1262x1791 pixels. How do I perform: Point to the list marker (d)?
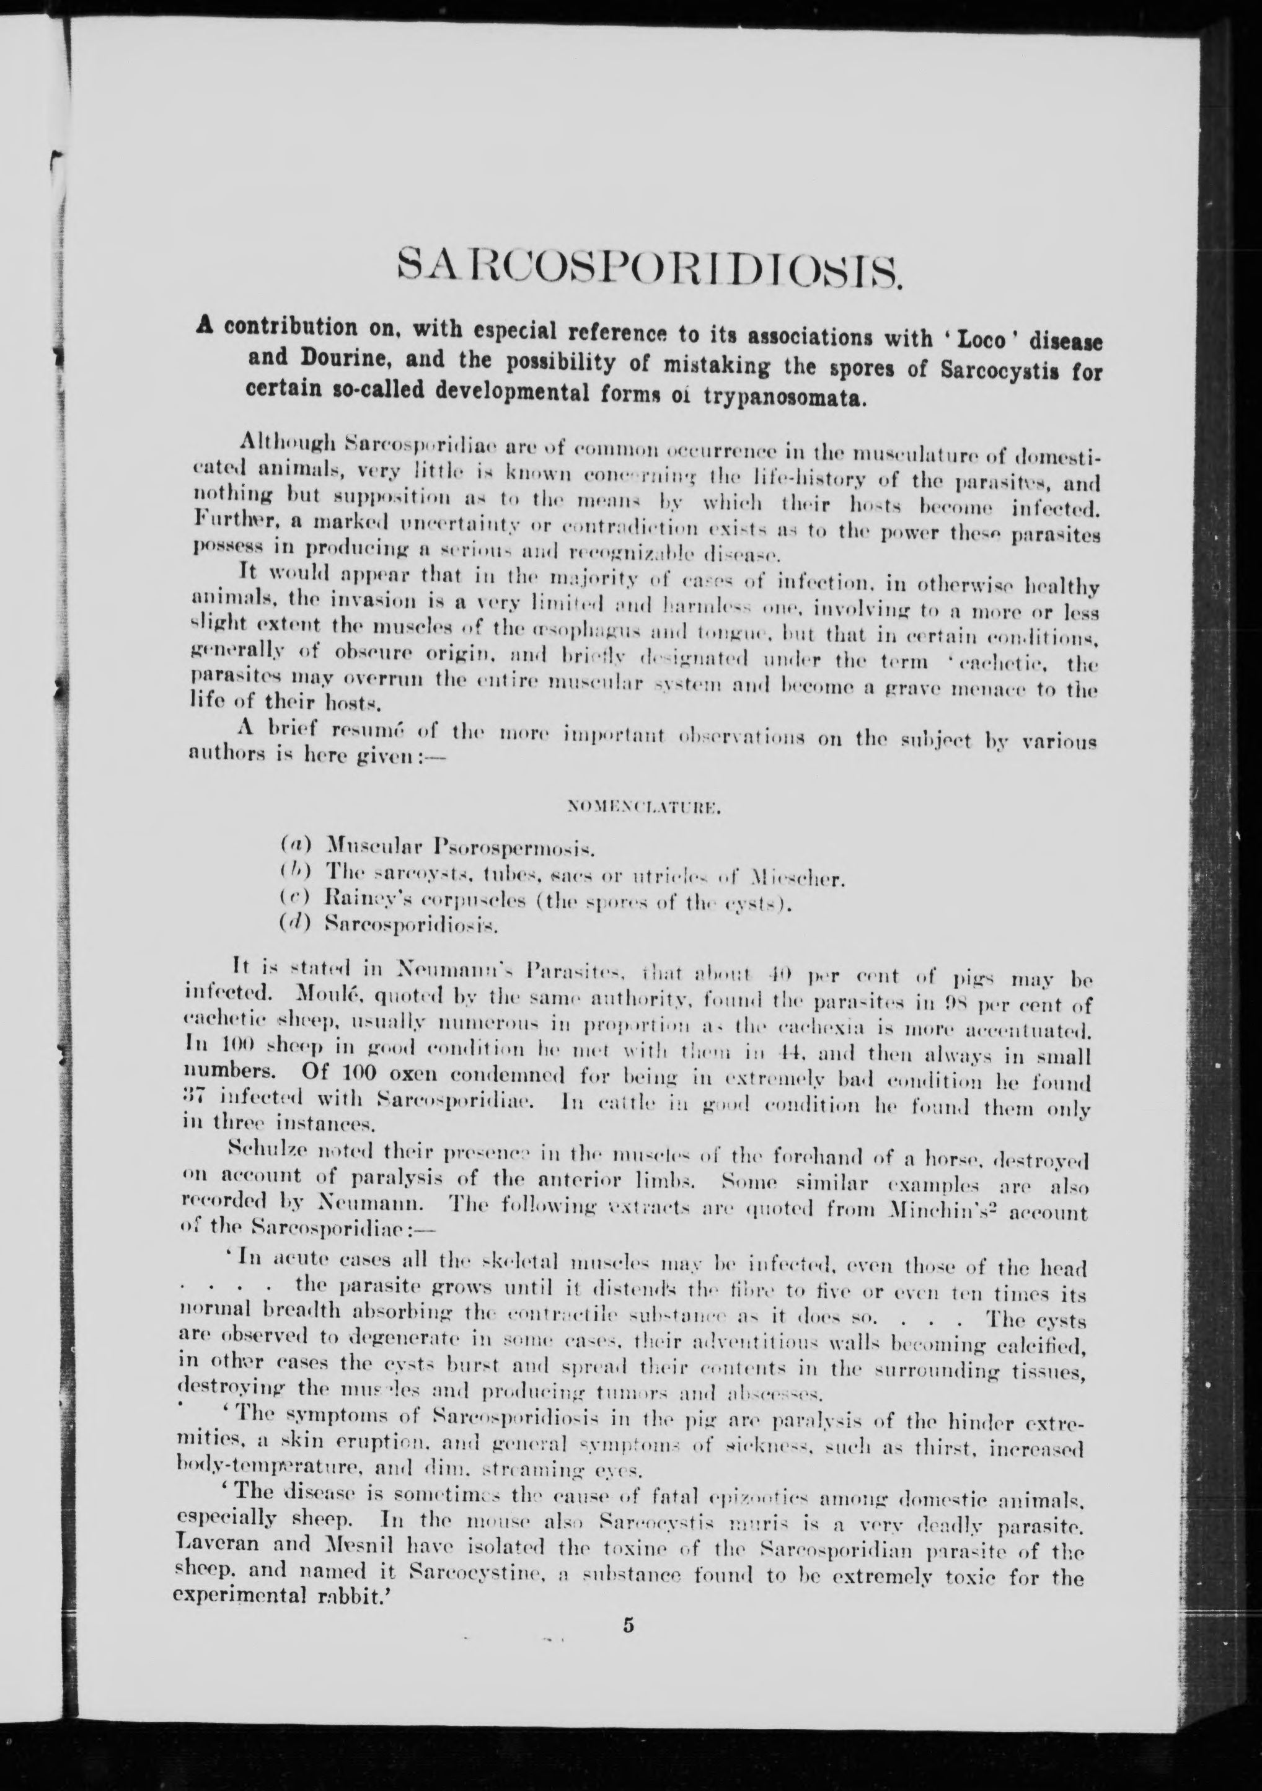point(296,925)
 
